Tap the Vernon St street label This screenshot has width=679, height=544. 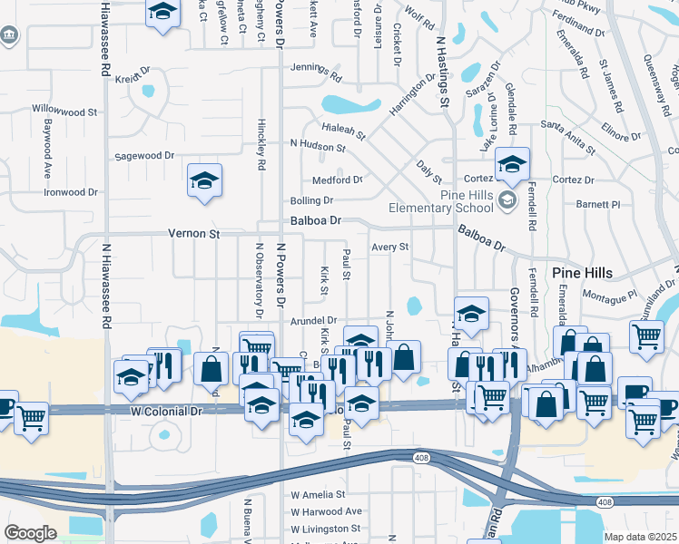tap(194, 234)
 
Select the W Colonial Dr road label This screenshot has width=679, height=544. tap(166, 412)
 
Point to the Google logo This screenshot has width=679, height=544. tap(30, 532)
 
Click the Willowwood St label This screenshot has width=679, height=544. tap(64, 112)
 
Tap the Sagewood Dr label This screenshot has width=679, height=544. tap(143, 156)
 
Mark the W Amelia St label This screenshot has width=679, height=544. tap(318, 495)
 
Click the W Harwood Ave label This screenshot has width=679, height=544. tap(326, 511)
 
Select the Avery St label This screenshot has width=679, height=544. tap(390, 247)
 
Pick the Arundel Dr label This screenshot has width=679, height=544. tap(313, 321)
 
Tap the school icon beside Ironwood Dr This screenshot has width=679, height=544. tap(205, 180)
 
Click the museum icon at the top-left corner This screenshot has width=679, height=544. tap(9, 35)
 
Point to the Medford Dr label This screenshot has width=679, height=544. tap(337, 180)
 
